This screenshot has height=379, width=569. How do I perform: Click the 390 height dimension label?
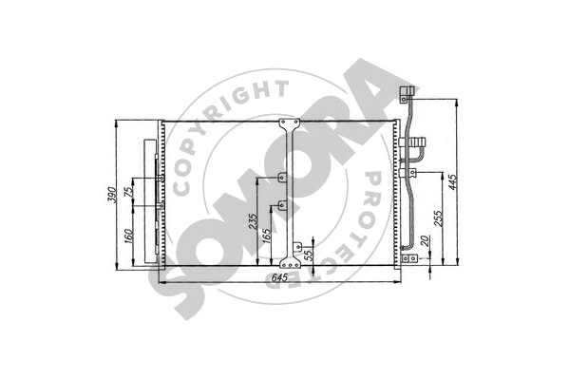click(111, 194)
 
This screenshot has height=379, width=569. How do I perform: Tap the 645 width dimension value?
click(279, 276)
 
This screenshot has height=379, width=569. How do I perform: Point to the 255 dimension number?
click(436, 218)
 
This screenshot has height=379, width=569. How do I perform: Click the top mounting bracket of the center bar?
click(289, 125)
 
